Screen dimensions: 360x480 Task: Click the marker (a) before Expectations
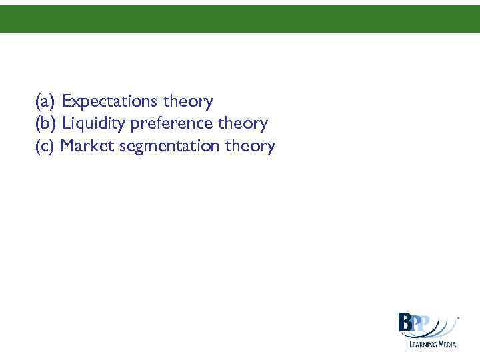click(x=45, y=102)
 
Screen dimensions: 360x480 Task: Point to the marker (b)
click(x=46, y=124)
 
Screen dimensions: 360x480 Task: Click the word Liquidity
click(x=94, y=124)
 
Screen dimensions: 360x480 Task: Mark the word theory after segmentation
click(x=250, y=146)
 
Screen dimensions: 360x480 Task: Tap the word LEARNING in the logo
click(x=423, y=344)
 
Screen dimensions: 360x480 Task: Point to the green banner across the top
click(x=240, y=19)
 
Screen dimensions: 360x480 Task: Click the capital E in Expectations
click(x=67, y=102)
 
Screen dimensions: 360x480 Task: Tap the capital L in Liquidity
click(x=66, y=124)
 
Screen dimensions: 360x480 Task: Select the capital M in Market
click(x=67, y=146)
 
